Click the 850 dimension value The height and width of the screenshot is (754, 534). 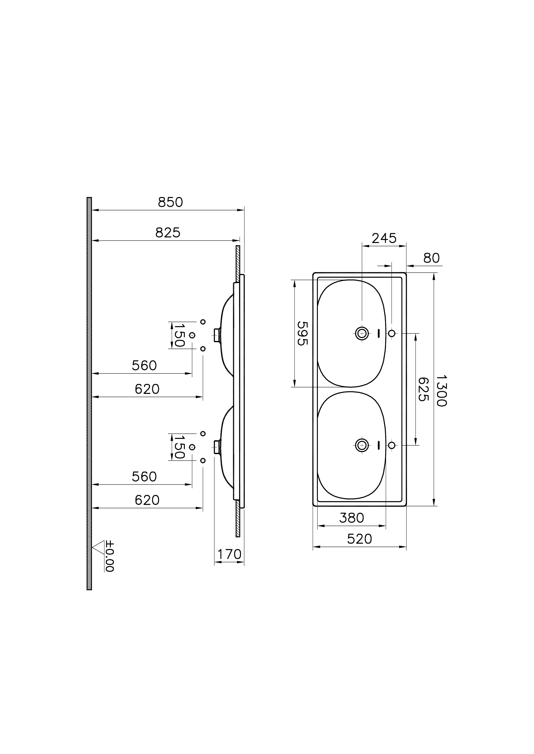(170, 202)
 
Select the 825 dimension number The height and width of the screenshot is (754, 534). (168, 233)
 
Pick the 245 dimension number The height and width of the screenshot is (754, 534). (384, 238)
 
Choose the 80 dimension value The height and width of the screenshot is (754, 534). (431, 258)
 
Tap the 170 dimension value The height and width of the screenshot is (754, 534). (229, 554)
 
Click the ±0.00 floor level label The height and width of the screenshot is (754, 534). (110, 556)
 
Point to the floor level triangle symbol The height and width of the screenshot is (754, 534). (99, 548)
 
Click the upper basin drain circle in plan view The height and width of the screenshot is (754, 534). (362, 333)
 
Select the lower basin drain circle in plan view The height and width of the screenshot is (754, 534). (362, 445)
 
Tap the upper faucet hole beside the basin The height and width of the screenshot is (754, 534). (391, 333)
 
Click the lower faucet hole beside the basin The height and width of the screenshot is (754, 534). (391, 445)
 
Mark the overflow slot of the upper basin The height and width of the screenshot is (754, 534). (378, 333)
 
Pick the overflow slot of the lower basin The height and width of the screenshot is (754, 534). (378, 445)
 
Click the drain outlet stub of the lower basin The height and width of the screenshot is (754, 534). (217, 447)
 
